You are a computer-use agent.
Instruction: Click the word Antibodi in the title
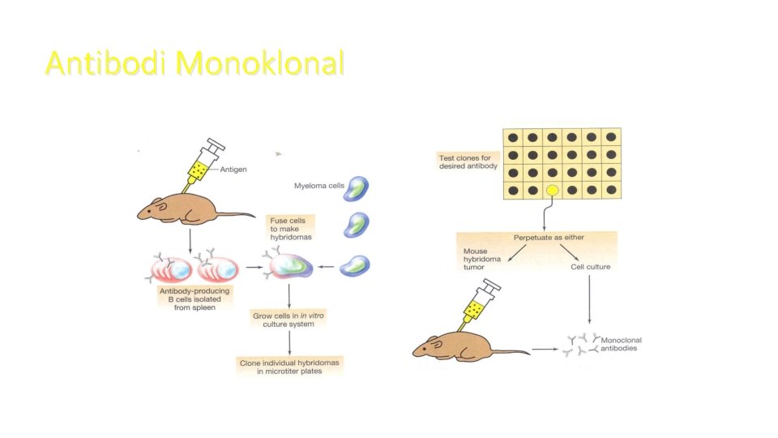coord(106,62)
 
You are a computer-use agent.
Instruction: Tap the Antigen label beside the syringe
coord(233,170)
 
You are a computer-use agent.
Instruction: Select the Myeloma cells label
coord(318,187)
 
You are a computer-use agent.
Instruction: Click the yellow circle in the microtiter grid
coord(552,191)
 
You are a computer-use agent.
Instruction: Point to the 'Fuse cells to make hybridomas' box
coord(290,228)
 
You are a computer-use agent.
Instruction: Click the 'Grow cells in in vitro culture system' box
coord(289,318)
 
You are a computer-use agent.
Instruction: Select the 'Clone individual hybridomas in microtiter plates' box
coord(289,366)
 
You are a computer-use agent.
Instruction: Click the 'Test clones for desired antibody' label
coord(468,161)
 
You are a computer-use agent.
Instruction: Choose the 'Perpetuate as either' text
coord(549,238)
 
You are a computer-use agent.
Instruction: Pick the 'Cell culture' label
coord(590,266)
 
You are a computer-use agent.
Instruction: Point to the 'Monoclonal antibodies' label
coord(619,344)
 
